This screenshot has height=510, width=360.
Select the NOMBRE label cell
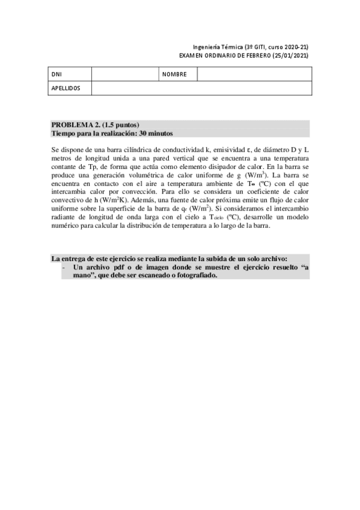click(174, 75)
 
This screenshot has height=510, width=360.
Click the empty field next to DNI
click(124, 75)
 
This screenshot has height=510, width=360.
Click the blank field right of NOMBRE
click(254, 75)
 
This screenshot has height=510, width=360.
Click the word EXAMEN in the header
click(193, 55)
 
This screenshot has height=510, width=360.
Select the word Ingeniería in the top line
click(206, 46)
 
